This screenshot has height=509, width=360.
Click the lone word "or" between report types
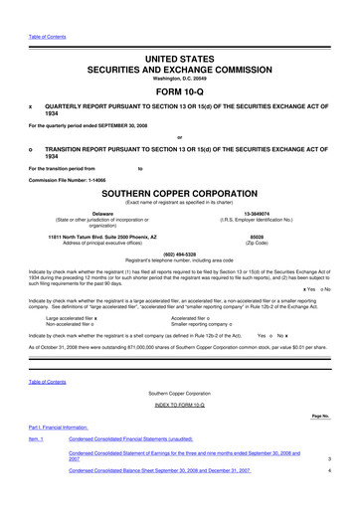point(180,137)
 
